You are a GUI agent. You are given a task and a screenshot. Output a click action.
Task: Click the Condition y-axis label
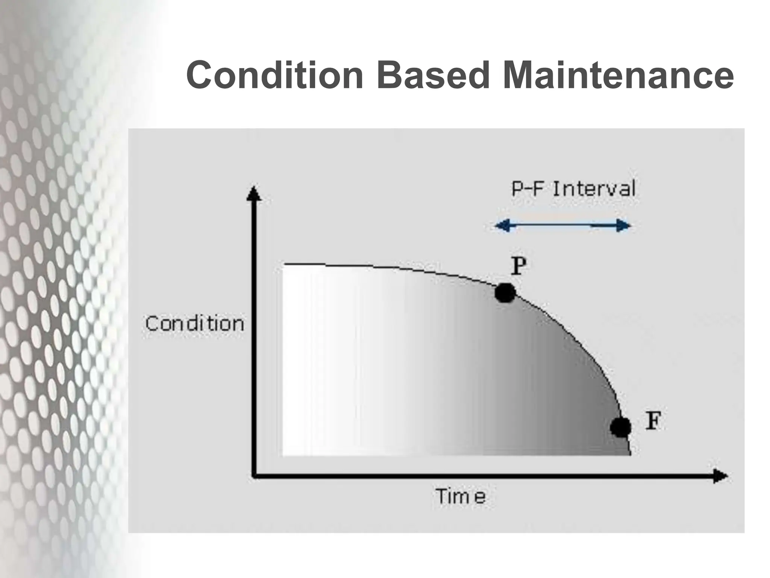coord(195,324)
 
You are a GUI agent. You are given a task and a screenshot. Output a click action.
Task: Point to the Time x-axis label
coord(461,497)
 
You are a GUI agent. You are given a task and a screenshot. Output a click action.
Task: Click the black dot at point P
coord(505,292)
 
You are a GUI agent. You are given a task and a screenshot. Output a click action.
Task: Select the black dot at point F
coord(621,427)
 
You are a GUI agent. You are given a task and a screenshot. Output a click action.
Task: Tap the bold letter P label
coord(518,266)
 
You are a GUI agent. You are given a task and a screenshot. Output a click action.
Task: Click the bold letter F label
coord(653,421)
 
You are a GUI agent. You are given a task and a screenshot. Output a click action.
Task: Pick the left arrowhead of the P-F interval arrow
coord(502,226)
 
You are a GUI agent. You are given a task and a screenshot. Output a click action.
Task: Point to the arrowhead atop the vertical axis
coord(254,194)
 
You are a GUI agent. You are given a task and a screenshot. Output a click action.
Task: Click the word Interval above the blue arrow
coord(594,189)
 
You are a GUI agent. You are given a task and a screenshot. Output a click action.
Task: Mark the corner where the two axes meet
coord(255,476)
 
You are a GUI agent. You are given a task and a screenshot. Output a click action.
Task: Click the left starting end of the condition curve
coord(285,265)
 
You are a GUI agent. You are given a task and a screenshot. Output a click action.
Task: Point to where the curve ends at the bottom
coord(631,455)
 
